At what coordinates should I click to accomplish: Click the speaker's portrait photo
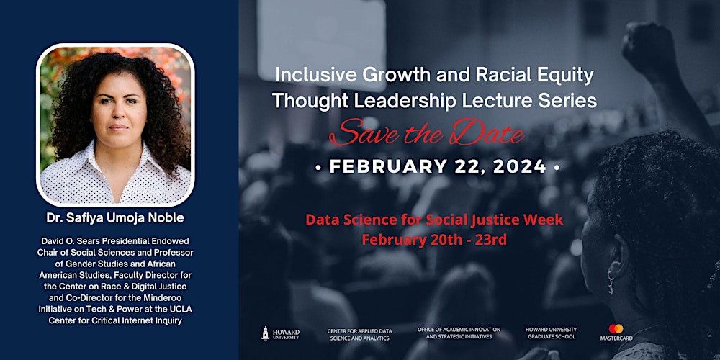(115, 125)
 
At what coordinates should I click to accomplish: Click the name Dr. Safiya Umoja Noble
(115, 218)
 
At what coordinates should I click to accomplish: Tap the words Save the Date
(427, 132)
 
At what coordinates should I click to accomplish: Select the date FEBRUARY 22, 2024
(438, 167)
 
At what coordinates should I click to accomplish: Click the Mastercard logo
(616, 332)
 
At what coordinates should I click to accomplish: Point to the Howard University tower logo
(266, 333)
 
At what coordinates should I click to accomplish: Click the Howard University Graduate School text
(551, 333)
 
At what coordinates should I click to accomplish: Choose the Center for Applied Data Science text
(359, 334)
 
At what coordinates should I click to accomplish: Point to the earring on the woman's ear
(611, 282)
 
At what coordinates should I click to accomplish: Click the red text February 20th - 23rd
(434, 240)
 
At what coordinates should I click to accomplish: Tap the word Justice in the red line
(498, 220)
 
